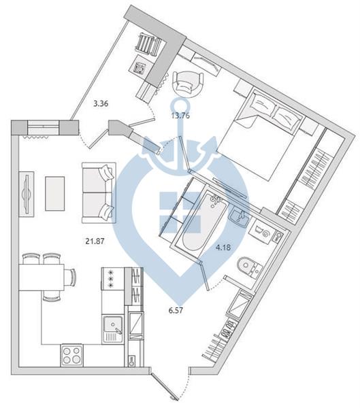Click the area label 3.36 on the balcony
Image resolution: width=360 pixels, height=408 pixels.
coord(101,104)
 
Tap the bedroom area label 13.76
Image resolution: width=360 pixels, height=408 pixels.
coord(180,116)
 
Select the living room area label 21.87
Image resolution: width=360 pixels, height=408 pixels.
coord(95,241)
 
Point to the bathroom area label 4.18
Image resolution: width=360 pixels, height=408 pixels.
coord(223,248)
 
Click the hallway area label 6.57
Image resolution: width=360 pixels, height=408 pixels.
coord(176,310)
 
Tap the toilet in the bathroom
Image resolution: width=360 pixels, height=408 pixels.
coord(250,267)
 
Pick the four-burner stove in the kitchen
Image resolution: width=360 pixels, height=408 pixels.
coord(72,356)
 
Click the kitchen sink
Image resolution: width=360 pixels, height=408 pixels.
coord(113,328)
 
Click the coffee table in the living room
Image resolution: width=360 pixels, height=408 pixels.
coord(54,193)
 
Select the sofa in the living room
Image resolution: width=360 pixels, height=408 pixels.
coord(99,193)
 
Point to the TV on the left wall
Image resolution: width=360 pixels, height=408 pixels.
coord(27,194)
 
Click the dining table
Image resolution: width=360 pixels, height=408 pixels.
coord(42,277)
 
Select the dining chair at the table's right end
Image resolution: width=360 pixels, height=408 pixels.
coord(70,277)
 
